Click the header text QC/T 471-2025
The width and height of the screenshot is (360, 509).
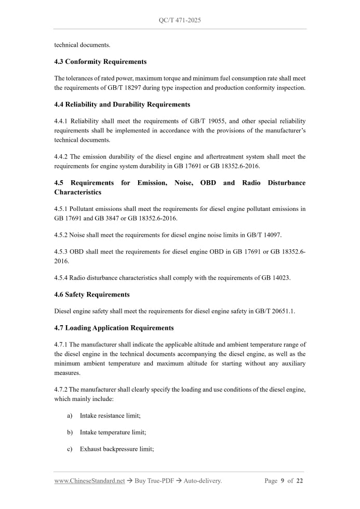(x=180, y=20)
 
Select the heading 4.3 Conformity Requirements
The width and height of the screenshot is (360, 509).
(x=100, y=62)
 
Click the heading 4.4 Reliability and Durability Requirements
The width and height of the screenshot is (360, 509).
(x=122, y=104)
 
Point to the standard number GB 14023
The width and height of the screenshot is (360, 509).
(x=275, y=278)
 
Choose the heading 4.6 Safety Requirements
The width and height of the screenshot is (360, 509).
(x=92, y=294)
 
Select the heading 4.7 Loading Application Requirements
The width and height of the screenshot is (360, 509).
(x=114, y=328)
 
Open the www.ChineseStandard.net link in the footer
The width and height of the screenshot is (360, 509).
(x=89, y=481)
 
